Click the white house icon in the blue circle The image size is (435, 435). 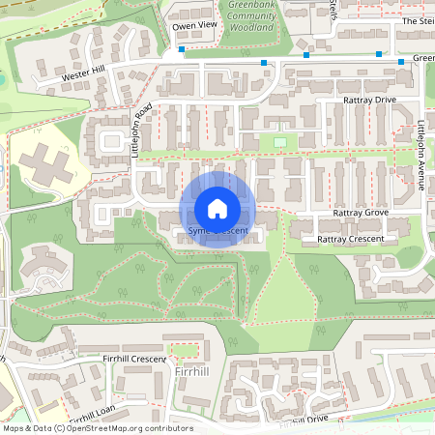[x=217, y=209]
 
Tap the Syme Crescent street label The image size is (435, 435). [x=217, y=232]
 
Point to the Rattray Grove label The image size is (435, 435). [x=360, y=212]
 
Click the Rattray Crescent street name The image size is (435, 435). [x=350, y=239]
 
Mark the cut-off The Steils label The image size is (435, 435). [x=418, y=20]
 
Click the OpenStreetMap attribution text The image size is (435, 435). [x=98, y=427]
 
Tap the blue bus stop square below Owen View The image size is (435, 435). [x=181, y=48]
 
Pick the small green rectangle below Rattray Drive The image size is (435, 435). [x=280, y=143]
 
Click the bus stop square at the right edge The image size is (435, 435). [x=401, y=62]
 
